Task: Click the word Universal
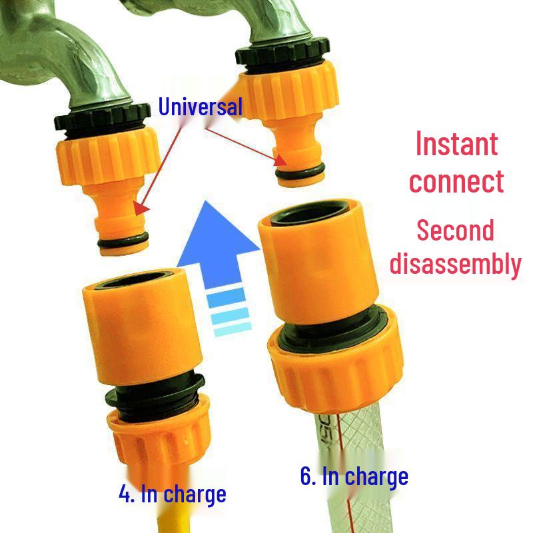point(200,107)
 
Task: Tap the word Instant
point(456,144)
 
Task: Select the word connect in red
point(456,181)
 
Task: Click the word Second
point(456,231)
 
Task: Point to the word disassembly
point(456,264)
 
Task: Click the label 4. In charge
point(172,494)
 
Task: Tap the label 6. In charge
point(354,477)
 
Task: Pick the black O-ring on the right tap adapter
point(300,173)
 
